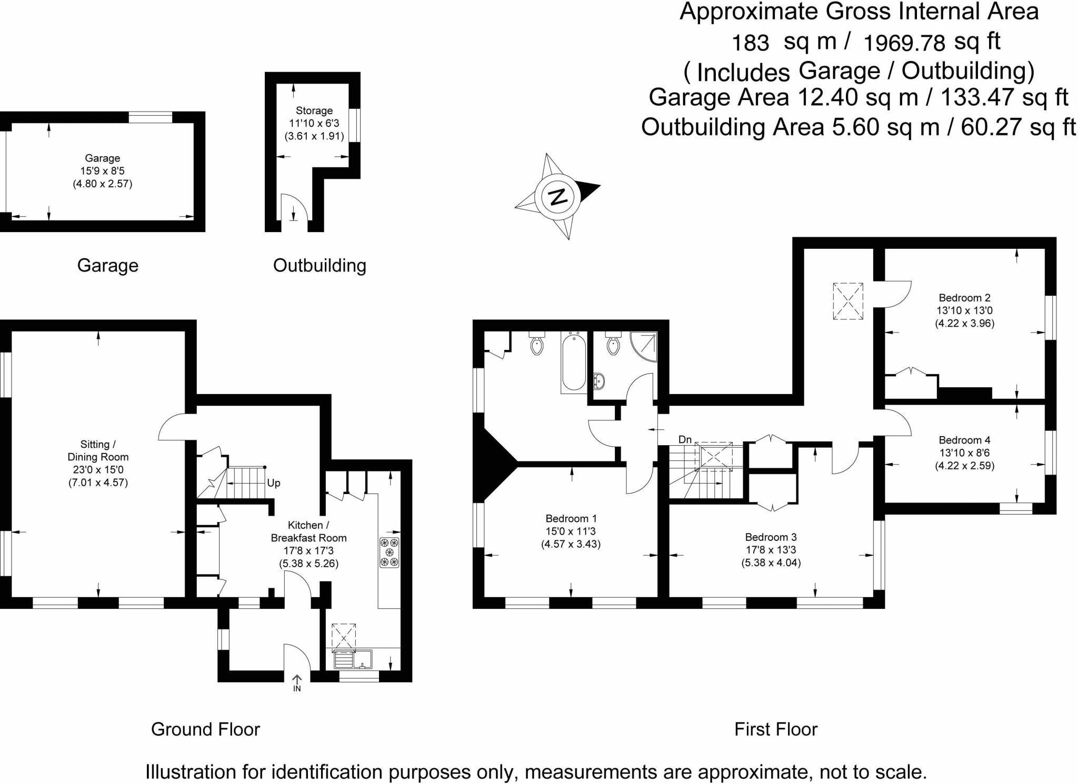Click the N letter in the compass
point(557,197)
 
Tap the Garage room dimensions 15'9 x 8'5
point(102,171)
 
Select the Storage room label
point(314,110)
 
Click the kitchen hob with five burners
point(390,552)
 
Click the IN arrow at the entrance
point(297,683)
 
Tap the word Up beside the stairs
point(274,483)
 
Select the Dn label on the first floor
point(685,439)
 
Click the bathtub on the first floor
point(574,363)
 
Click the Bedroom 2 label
point(964,298)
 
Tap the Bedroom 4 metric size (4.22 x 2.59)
point(964,466)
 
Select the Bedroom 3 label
point(771,537)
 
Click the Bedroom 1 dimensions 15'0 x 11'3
point(571,531)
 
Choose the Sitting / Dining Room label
point(98,451)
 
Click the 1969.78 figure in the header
point(904,43)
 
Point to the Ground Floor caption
point(205,729)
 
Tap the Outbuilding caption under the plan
point(320,265)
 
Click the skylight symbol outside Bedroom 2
point(847,301)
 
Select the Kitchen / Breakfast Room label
point(308,531)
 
